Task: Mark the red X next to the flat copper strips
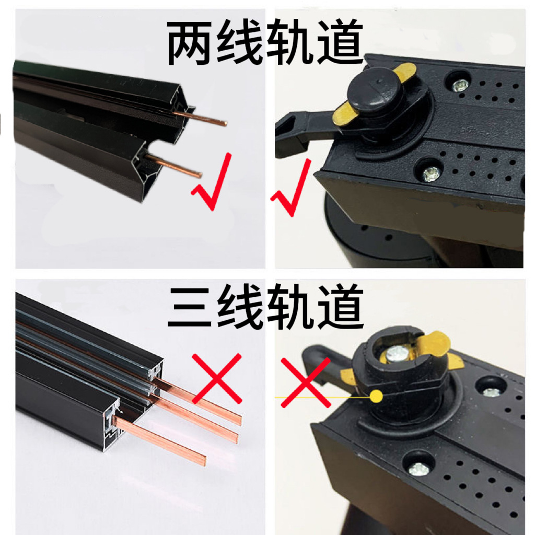pos(217,378)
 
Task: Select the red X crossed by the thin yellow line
pos(306,381)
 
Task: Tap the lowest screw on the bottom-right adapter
pos(419,469)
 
